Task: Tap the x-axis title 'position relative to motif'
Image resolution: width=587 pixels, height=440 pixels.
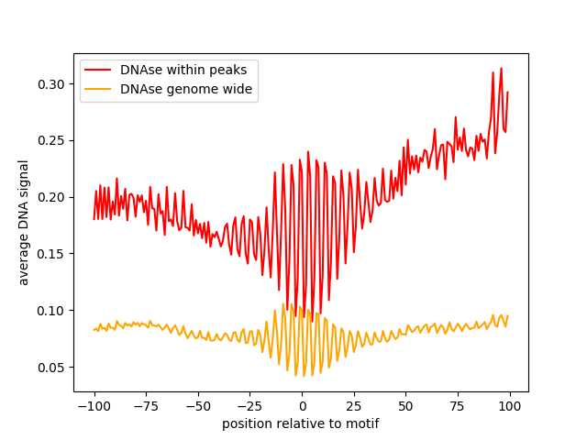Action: pyautogui.click(x=301, y=423)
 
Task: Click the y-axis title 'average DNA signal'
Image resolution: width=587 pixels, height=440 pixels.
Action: pyautogui.click(x=24, y=223)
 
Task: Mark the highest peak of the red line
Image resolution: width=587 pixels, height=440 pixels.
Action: pyautogui.click(x=501, y=68)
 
